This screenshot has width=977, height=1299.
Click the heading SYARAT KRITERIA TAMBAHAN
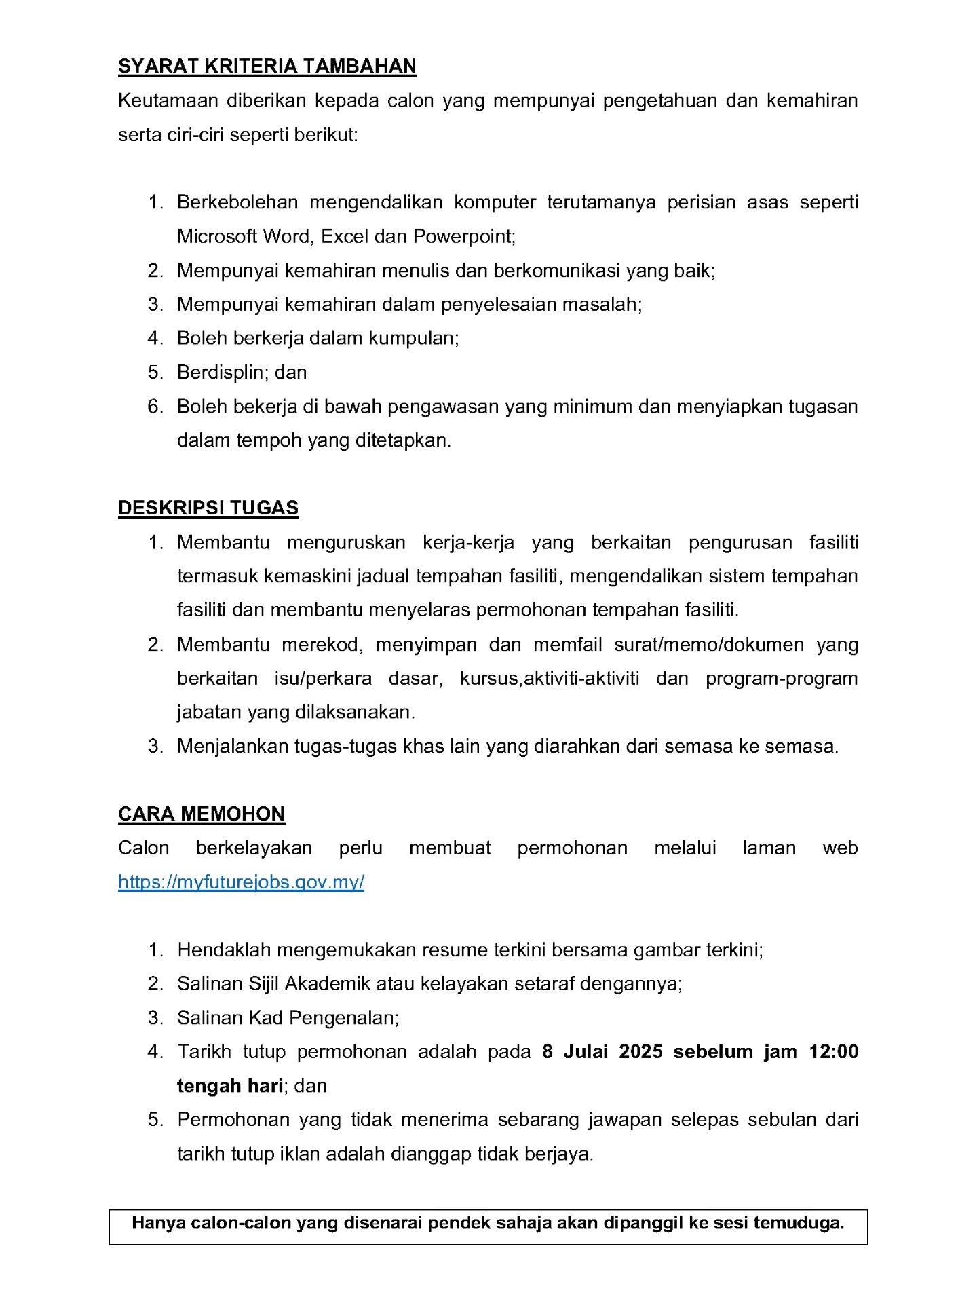tap(267, 66)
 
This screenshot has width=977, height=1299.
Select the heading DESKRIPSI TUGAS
tap(208, 508)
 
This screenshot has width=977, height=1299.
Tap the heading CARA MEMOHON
tap(202, 814)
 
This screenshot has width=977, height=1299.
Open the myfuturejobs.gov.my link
tap(241, 882)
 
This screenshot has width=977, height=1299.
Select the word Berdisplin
tap(223, 372)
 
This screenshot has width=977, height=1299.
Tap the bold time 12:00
tap(834, 1051)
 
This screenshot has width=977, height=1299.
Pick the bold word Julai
tap(585, 1051)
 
